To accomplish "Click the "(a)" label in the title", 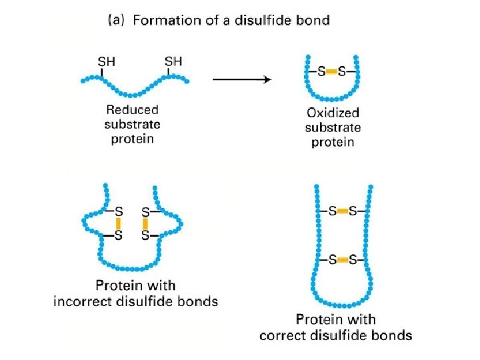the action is tap(119, 20).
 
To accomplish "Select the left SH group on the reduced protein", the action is tap(106, 61).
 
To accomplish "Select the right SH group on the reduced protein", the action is tap(173, 61).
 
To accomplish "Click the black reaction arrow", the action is tap(241, 79).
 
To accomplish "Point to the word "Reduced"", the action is tap(132, 110).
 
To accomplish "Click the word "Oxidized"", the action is tap(333, 113).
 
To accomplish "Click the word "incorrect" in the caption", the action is tap(81, 301).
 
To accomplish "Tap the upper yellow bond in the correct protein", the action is tap(342, 211).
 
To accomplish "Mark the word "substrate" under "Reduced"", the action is tap(132, 125).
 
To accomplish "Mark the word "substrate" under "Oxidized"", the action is tap(333, 127).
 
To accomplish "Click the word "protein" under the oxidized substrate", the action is tap(333, 142).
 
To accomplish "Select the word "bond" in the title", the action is tap(314, 20).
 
